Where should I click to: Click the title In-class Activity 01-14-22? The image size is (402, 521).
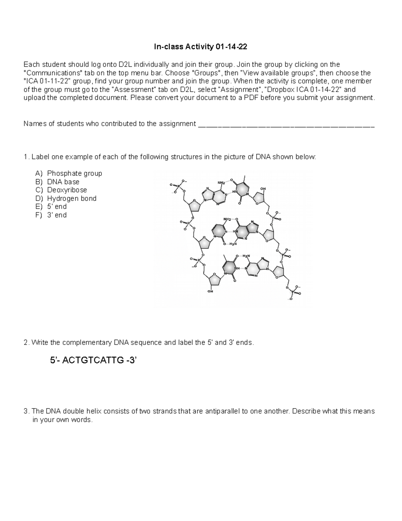coord(200,47)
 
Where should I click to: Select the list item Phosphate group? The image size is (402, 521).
coord(74,173)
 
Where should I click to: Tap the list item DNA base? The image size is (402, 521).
coord(63,182)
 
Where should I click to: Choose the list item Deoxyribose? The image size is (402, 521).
coord(67,190)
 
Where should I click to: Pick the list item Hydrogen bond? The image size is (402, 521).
coord(72,198)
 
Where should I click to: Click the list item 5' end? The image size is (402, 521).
coord(57,207)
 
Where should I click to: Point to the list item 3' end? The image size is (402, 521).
coord(57,215)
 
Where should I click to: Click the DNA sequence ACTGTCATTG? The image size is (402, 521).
coord(93,361)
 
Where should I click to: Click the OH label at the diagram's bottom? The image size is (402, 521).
coord(210,291)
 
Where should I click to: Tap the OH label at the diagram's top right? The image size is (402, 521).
coord(263,189)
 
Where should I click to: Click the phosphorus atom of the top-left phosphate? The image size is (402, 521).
coord(179,185)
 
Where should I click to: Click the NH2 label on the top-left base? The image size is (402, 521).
coord(221,183)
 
